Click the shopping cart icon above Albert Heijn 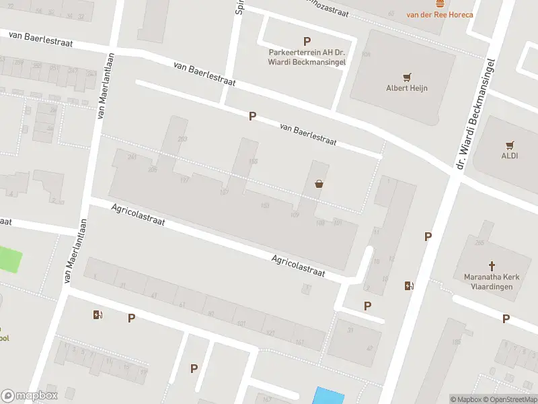[407, 76]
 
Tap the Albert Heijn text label [407, 88]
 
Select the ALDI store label [510, 156]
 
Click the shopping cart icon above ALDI [510, 144]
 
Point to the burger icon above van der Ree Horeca [440, 3]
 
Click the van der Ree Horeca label [440, 14]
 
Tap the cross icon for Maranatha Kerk [491, 266]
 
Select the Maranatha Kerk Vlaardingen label [489, 281]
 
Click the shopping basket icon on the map [319, 184]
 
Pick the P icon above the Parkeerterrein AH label [307, 41]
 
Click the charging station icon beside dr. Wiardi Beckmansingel [408, 285]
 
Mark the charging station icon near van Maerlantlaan [98, 314]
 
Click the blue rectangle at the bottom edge [328, 395]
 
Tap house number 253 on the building [182, 139]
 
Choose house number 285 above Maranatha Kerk [479, 242]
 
